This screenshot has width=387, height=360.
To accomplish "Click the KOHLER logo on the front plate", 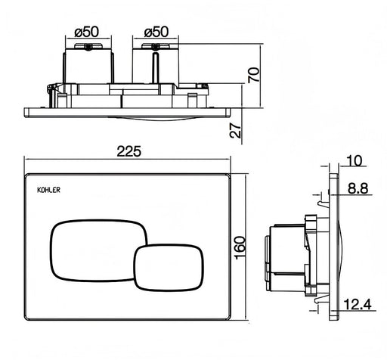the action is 48,190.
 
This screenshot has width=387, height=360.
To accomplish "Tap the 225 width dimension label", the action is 129,151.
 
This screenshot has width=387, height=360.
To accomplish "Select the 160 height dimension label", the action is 240,247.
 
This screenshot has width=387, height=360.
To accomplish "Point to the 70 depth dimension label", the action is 254,75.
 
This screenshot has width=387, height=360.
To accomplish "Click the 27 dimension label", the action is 235,131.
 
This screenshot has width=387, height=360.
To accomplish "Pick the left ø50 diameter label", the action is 87,32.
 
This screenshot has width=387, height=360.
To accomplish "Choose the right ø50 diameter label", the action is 156,32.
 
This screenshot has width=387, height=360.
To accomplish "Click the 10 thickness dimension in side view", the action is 354,160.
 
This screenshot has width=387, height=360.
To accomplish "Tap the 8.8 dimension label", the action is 358,188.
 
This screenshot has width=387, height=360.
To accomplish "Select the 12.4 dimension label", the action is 358,304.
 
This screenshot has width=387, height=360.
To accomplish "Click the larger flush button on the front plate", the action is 98,250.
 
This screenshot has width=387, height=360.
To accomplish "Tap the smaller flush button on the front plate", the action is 169,268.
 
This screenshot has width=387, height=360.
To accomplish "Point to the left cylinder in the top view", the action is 88,66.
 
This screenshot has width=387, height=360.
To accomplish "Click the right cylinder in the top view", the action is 156,66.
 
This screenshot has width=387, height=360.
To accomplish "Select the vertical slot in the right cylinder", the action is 156,67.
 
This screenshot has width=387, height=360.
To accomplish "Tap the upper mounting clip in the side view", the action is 324,203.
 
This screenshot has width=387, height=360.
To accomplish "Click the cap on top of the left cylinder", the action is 88,46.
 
